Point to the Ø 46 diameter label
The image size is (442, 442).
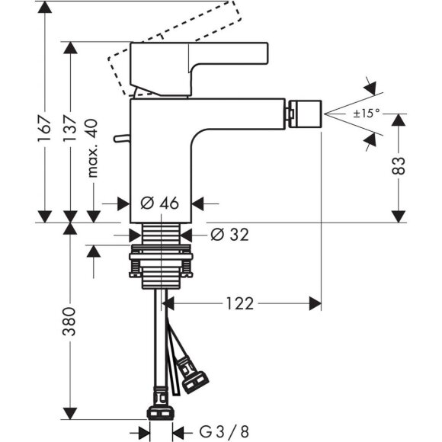tap(159, 203)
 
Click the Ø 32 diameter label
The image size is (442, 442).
tap(229, 235)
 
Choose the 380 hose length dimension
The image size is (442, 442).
tap(71, 324)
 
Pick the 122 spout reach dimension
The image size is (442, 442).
tap(239, 304)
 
